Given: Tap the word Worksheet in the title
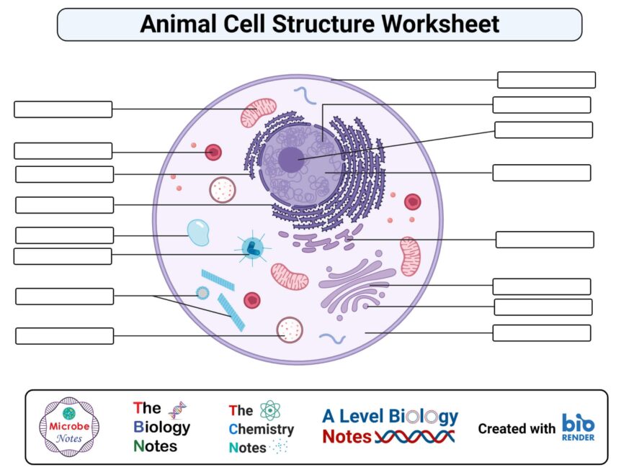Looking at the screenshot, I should click(x=440, y=24).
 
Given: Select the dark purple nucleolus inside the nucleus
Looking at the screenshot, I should click(x=291, y=159).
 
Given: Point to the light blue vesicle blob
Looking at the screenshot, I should click(x=198, y=232).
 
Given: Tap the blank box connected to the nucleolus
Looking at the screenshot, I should click(x=543, y=130).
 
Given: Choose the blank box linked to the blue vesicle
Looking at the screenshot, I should click(x=64, y=235).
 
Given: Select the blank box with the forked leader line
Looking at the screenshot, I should click(x=64, y=297).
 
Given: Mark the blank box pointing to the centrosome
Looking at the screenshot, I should click(x=63, y=256).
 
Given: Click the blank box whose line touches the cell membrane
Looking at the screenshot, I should click(x=546, y=80).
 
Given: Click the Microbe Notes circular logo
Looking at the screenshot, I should click(x=68, y=427).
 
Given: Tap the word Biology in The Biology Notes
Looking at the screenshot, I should click(x=162, y=427).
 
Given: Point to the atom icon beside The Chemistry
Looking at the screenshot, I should click(x=270, y=410).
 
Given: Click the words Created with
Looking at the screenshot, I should click(x=517, y=428).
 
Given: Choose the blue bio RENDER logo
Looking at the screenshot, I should click(x=579, y=427).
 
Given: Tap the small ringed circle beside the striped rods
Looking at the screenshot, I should click(x=203, y=293).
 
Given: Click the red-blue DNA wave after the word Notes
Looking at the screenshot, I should click(x=415, y=437).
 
